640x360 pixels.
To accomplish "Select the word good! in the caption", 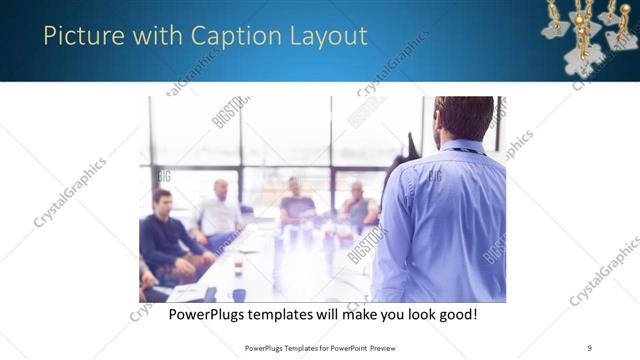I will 455,315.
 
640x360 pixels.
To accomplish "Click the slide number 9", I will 591,348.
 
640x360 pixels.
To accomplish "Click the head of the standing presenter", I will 463,118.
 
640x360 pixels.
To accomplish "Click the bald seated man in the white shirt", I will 220,211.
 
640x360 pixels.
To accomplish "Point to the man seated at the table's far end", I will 296,202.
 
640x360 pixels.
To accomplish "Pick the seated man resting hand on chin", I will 358,205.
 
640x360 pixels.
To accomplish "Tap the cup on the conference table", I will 238,267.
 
